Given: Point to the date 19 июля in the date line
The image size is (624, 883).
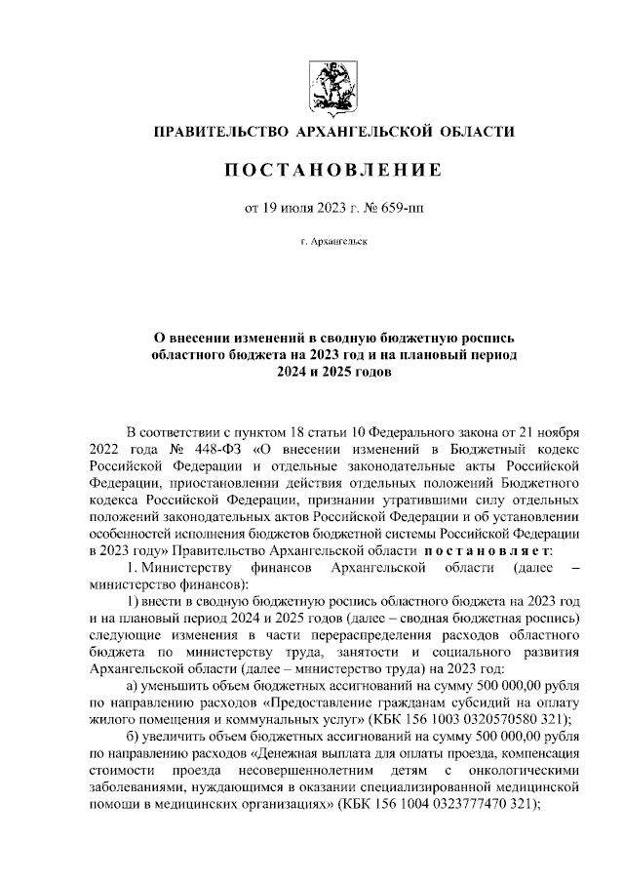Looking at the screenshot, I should coord(285,207).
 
